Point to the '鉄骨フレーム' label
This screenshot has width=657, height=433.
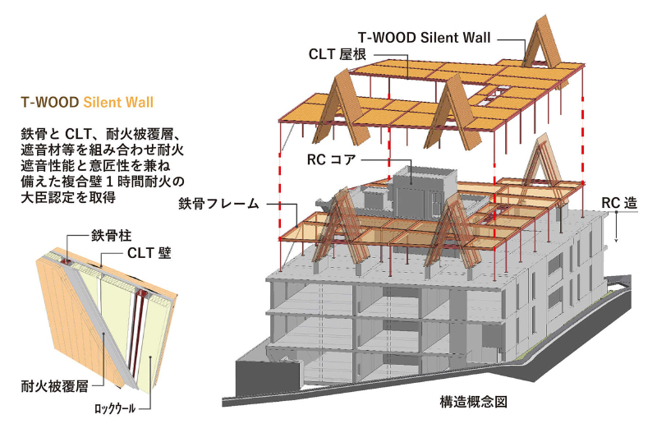click(218, 202)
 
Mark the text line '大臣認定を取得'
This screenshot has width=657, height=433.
click(68, 198)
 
